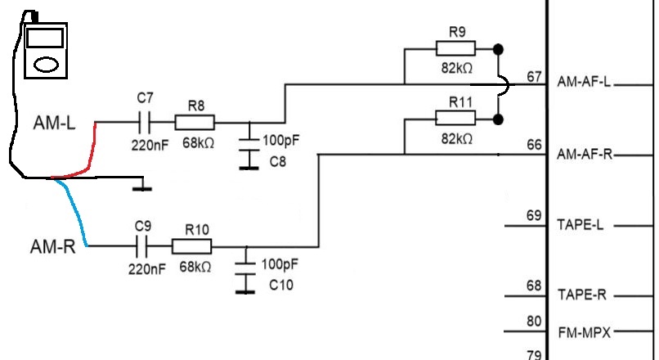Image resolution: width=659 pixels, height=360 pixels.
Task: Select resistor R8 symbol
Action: click(x=195, y=123)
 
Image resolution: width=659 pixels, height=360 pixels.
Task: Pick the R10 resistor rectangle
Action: click(x=192, y=246)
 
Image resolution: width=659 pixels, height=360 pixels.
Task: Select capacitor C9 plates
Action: click(x=143, y=246)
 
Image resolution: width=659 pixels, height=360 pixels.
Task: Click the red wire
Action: click(x=89, y=155)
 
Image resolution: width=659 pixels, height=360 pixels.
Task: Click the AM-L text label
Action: click(x=56, y=124)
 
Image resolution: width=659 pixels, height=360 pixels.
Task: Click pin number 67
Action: click(x=535, y=77)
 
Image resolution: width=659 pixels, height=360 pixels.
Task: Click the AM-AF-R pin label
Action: click(x=584, y=154)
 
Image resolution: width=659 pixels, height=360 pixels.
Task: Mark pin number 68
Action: click(x=535, y=286)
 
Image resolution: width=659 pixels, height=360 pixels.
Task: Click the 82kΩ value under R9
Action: click(x=457, y=69)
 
